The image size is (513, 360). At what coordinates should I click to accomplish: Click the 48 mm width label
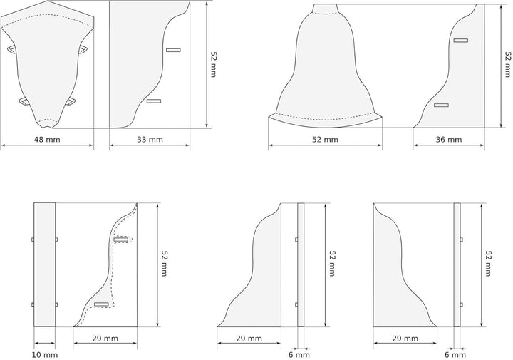48,139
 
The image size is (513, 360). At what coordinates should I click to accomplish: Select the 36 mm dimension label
448,139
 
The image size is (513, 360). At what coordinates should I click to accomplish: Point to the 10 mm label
44,354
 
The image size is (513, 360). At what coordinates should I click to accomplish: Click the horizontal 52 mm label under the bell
325,139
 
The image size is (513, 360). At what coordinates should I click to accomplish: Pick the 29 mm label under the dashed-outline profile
105,339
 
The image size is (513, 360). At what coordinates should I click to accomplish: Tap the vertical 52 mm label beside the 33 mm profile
214,64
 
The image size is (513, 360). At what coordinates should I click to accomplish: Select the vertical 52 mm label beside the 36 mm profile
507,64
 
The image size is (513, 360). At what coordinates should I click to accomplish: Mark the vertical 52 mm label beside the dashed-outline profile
165,264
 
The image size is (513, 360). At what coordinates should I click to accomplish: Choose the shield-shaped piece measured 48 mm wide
46,68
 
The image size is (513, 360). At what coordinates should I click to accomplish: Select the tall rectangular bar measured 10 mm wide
45,264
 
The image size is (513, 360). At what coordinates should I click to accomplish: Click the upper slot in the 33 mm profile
173,50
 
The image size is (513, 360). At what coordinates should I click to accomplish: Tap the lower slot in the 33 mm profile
154,101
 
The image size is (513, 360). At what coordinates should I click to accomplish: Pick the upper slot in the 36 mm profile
460,41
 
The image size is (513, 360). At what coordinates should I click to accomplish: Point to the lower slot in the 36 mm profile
442,106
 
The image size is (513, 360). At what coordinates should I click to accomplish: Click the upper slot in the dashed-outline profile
121,240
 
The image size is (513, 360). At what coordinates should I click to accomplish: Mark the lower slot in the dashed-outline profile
101,304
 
